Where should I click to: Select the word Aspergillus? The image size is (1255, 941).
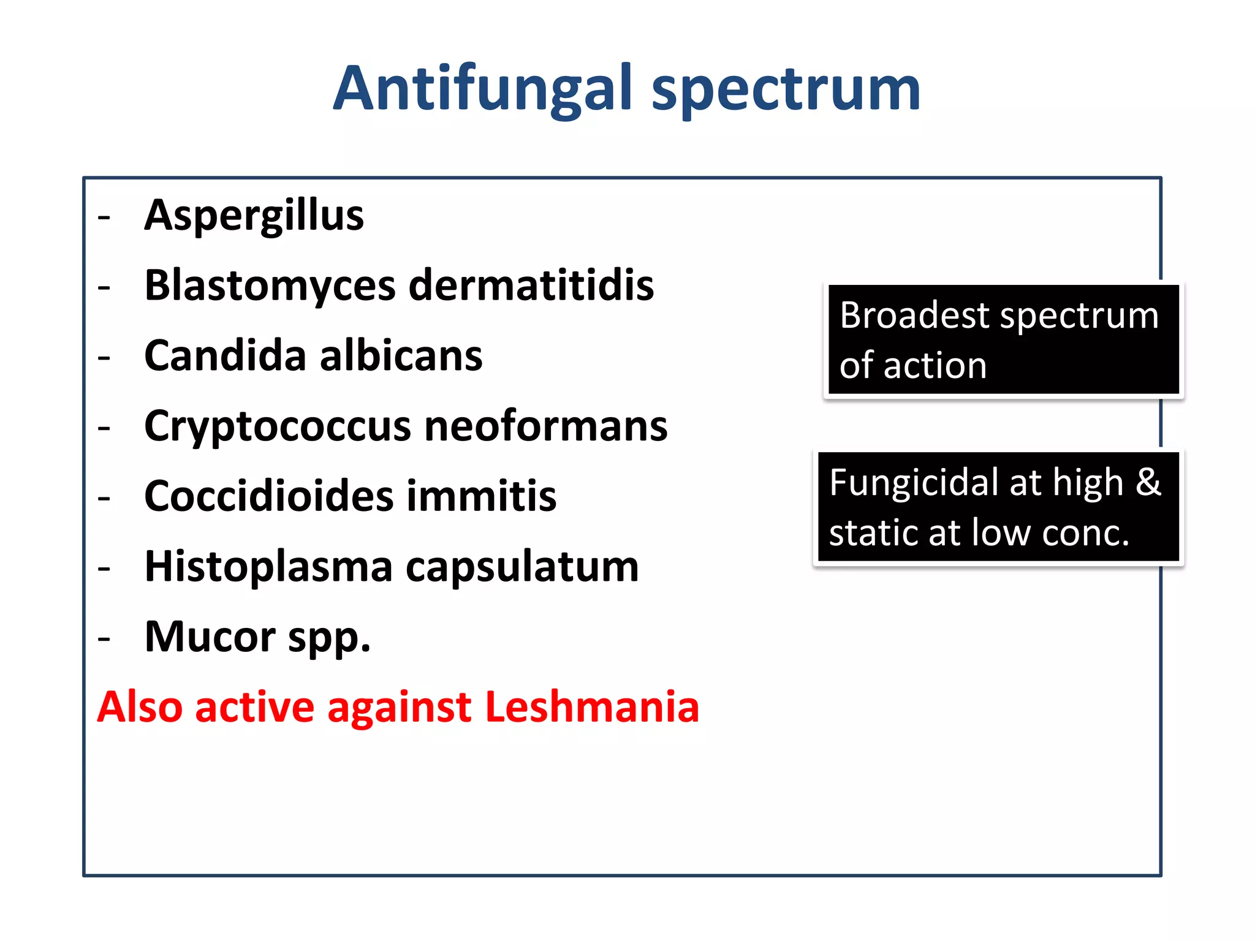tap(254, 216)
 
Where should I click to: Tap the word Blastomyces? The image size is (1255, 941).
tap(270, 286)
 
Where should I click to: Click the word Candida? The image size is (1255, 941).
tap(224, 355)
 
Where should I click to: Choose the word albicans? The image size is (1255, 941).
tap(401, 355)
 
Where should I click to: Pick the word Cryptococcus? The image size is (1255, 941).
tap(277, 427)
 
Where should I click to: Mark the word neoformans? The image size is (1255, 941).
tap(545, 426)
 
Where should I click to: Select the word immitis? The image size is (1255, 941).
tap(481, 496)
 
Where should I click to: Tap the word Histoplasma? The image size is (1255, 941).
tap(268, 567)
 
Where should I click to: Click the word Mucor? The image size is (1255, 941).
tap(210, 637)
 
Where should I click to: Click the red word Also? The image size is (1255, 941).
tap(140, 707)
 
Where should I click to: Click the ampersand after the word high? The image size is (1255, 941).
tap(1148, 482)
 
